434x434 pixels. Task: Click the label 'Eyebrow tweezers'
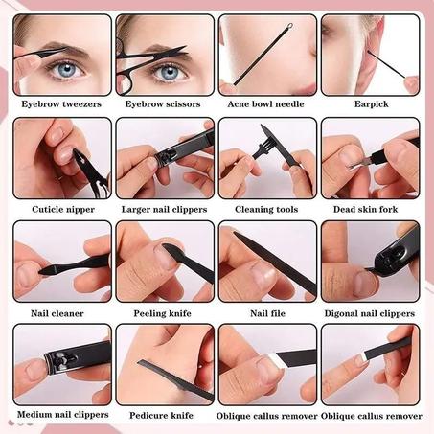61,103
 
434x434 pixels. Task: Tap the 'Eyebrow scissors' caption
164,103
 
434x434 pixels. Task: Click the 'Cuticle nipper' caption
61,208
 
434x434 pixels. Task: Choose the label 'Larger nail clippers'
164,208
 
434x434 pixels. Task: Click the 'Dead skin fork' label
370,208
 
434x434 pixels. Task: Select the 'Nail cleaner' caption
61,312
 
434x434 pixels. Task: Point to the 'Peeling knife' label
164,312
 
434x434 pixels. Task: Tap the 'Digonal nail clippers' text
370,312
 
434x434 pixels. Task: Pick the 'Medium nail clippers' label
61,415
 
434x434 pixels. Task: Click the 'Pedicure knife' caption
164,415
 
